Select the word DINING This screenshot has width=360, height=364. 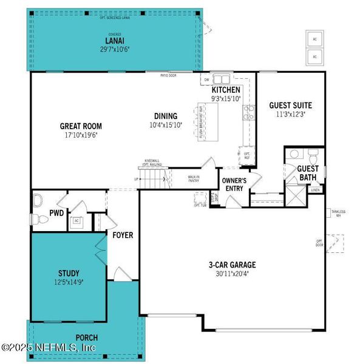pyautogui.click(x=165, y=116)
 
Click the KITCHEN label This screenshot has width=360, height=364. pyautogui.click(x=226, y=90)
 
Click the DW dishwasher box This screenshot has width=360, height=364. pyautogui.click(x=207, y=79)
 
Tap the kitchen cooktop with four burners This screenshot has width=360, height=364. pyautogui.click(x=249, y=112)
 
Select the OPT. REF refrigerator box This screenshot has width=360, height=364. pyautogui.click(x=247, y=155)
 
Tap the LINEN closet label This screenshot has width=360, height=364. pyautogui.click(x=315, y=190)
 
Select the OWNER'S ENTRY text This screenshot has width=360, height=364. pyautogui.click(x=234, y=184)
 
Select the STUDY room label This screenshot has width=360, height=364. pyautogui.click(x=69, y=273)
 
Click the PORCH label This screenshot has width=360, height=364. pyautogui.click(x=86, y=337)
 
